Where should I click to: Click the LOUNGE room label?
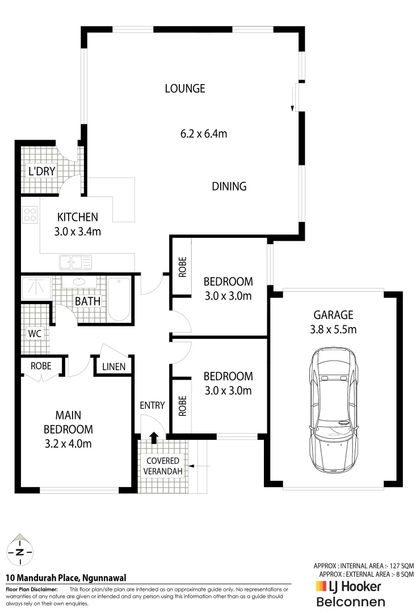click(x=184, y=89)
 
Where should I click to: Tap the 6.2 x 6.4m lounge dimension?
click(x=204, y=134)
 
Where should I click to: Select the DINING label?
click(x=229, y=186)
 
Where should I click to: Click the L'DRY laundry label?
click(x=41, y=171)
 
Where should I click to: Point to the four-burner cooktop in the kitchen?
click(x=30, y=215)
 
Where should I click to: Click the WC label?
click(x=35, y=333)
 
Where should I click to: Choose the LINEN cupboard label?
click(x=114, y=367)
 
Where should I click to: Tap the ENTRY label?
click(x=152, y=405)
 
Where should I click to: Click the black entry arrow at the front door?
click(x=153, y=438)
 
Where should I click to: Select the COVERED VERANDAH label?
click(x=163, y=465)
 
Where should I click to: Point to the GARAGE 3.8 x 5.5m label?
click(x=333, y=321)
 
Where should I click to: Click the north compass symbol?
click(x=20, y=551)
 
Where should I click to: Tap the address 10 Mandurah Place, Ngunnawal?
click(x=66, y=578)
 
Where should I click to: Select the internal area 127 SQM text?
click(x=364, y=566)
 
